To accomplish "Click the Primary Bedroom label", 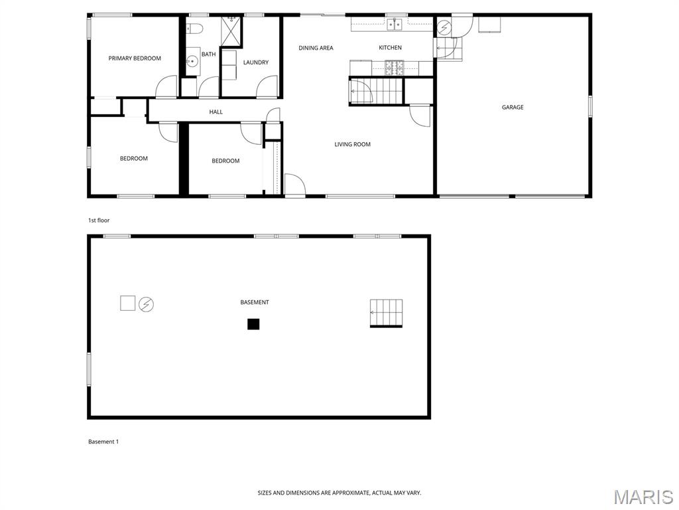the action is pyautogui.click(x=135, y=58).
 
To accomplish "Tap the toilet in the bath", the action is pyautogui.click(x=194, y=29).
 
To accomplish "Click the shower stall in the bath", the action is pyautogui.click(x=231, y=30).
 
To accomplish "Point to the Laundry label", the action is pyautogui.click(x=256, y=62).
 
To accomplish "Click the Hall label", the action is pyautogui.click(x=216, y=112).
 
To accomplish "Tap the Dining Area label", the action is pyautogui.click(x=316, y=48).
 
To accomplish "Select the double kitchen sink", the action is pyautogui.click(x=395, y=25).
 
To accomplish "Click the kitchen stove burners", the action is pyautogui.click(x=395, y=68).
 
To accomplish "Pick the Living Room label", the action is pyautogui.click(x=353, y=144).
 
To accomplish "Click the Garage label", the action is pyautogui.click(x=513, y=107).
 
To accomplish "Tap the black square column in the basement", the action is pyautogui.click(x=253, y=324).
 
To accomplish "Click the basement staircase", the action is pyautogui.click(x=387, y=313).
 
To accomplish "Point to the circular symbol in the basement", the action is pyautogui.click(x=147, y=304).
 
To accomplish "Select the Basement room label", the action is pyautogui.click(x=255, y=302).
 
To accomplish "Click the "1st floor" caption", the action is pyautogui.click(x=99, y=220).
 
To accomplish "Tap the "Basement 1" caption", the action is pyautogui.click(x=103, y=442).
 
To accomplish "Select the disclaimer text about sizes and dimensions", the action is pyautogui.click(x=339, y=493).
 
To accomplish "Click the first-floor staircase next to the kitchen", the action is pyautogui.click(x=377, y=91).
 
